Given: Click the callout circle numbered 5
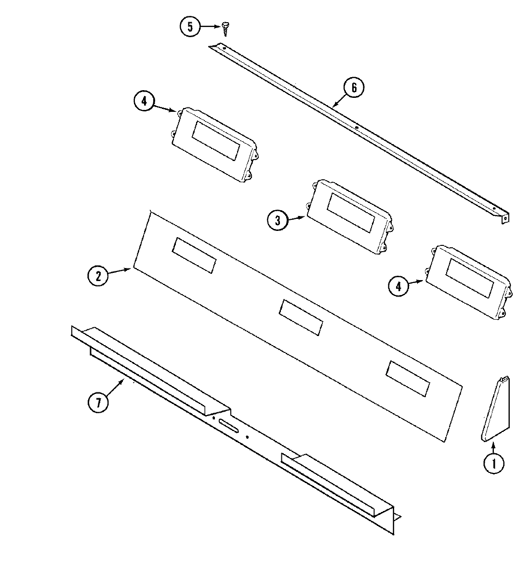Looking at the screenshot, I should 190,27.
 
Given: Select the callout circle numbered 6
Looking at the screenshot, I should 354,88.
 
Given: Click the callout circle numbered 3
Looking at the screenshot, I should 277,221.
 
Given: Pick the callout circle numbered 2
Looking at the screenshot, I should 98,276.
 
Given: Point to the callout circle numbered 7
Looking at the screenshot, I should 98,402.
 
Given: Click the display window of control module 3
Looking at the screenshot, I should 350,213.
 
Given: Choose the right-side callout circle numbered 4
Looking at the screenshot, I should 398,286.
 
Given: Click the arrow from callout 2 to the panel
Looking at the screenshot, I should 120,272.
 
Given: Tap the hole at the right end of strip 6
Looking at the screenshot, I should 505,217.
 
